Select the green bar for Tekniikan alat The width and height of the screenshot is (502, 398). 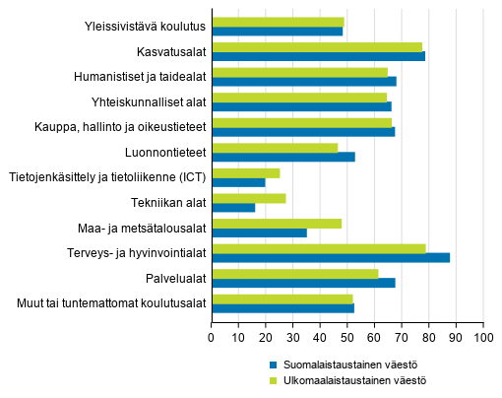pos(249,198)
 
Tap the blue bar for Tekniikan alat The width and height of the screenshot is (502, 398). pos(233,208)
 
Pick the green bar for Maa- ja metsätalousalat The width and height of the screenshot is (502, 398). pos(277,224)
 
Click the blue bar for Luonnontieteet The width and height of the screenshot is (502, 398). pos(283,157)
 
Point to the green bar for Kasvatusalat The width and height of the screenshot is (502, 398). pos(317,46)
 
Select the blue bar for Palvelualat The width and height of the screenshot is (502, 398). pos(303,284)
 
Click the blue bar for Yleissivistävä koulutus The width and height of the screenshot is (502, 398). pos(278,32)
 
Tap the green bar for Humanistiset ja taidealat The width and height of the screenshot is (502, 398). pos(300,72)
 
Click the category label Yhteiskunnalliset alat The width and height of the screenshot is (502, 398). pos(146,102)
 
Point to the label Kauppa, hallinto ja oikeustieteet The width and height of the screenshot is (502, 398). pos(122,127)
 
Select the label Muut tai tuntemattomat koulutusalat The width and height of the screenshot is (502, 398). pos(110,302)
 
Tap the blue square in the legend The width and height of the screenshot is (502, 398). pos(275,363)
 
